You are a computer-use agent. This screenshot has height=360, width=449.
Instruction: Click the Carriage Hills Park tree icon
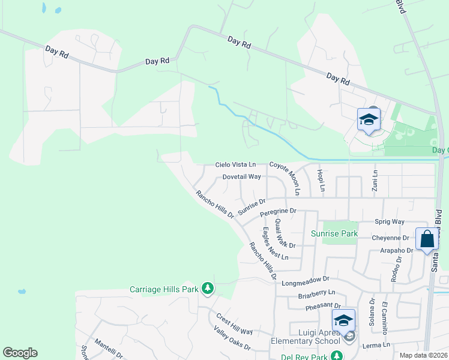tap(208, 289)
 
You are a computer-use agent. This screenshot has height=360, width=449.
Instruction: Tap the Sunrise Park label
tap(334, 233)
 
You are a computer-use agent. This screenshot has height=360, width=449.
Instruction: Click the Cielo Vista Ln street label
tap(236, 164)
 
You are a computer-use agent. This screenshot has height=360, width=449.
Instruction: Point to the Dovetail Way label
tap(241, 177)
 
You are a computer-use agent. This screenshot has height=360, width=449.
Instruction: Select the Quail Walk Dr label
tap(285, 233)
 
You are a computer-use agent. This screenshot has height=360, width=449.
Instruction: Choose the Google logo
tap(20, 353)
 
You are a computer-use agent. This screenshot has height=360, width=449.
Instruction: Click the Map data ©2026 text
tap(423, 355)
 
